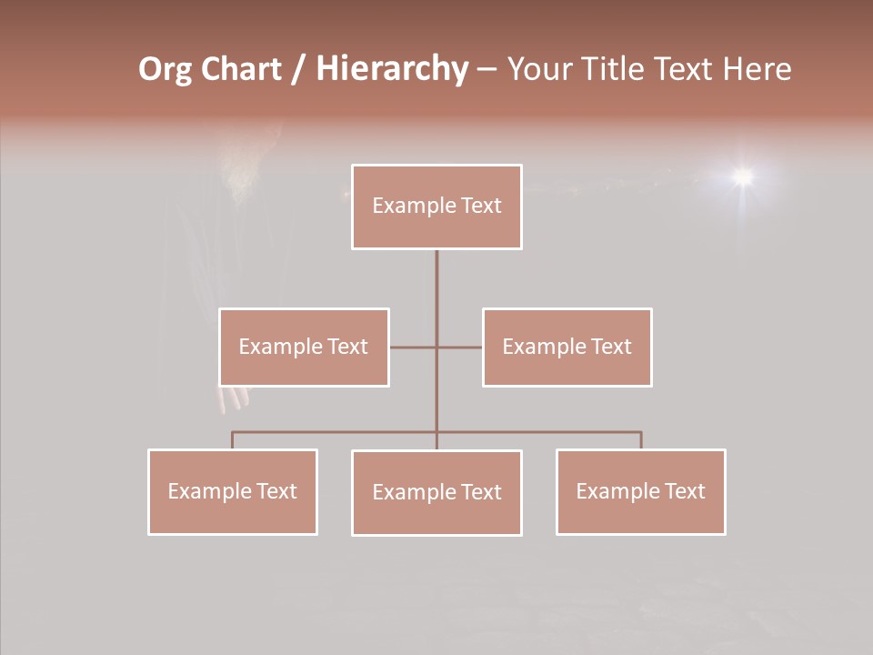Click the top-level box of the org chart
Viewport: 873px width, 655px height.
click(436, 207)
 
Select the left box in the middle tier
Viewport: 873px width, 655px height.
click(304, 347)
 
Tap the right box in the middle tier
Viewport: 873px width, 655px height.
click(567, 347)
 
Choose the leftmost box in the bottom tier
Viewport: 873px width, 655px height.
click(233, 491)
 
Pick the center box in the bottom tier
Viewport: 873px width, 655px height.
click(436, 492)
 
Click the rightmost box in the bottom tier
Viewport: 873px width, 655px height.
click(640, 491)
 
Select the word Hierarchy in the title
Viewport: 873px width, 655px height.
click(391, 69)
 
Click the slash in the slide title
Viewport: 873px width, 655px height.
click(298, 70)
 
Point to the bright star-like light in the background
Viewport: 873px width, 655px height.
click(743, 176)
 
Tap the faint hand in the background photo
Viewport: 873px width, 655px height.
click(235, 398)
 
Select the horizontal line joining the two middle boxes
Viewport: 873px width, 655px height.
click(414, 347)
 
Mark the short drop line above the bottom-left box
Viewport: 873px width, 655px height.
click(233, 440)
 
